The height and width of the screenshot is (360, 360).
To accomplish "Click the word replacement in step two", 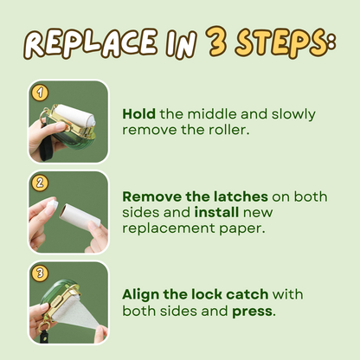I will click(165, 228).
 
